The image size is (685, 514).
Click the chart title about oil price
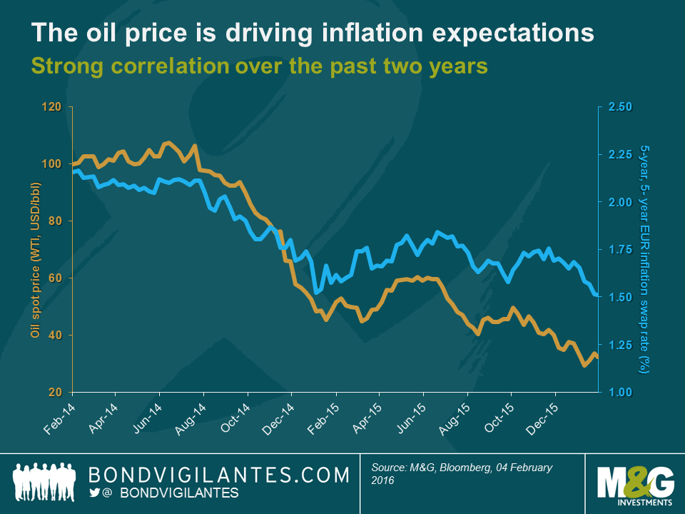[312, 33]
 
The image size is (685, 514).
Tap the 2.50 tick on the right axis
[620, 107]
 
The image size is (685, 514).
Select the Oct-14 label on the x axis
[235, 416]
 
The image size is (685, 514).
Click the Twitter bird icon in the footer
[94, 493]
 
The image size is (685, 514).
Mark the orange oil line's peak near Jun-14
[168, 143]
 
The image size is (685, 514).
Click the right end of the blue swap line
[597, 294]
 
